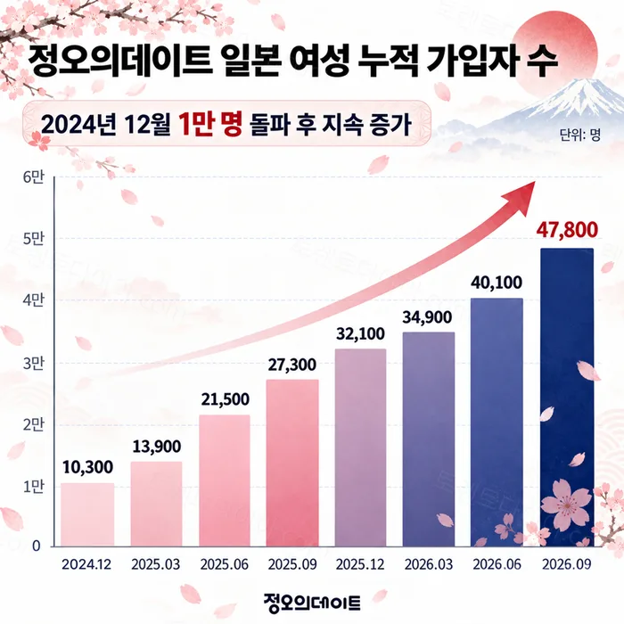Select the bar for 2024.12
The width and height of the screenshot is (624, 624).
tap(87, 514)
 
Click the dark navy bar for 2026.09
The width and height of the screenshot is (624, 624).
tap(567, 398)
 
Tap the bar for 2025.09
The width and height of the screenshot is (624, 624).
tap(292, 463)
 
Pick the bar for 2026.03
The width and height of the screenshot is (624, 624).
tap(429, 439)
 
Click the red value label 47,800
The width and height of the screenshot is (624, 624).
tap(567, 230)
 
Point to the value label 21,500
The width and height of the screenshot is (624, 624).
tap(226, 399)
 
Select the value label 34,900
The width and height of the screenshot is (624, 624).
tap(427, 317)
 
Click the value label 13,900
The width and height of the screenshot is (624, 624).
tap(156, 447)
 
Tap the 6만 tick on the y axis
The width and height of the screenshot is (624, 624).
tap(33, 177)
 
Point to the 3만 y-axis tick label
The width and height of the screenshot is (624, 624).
tap(33, 364)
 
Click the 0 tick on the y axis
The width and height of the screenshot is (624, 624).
tap(37, 546)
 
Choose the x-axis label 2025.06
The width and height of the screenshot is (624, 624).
tap(224, 564)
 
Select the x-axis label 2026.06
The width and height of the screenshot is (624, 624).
tap(497, 564)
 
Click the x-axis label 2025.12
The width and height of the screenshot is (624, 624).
tap(360, 564)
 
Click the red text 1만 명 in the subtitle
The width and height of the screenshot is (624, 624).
tap(210, 123)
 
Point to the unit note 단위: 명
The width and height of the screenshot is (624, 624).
tap(579, 135)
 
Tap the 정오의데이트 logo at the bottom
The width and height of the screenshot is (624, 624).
tap(312, 602)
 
